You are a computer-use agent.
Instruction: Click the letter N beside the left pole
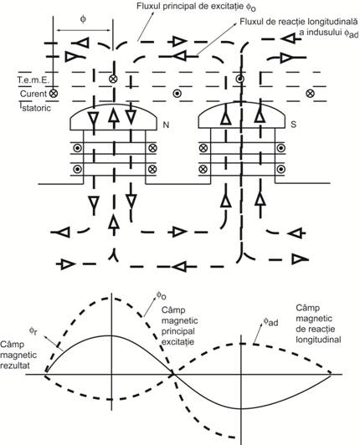(166, 125)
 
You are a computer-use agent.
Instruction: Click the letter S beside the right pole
(294, 125)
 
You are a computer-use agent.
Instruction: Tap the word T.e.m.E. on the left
(33, 80)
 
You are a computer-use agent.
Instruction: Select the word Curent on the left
(33, 94)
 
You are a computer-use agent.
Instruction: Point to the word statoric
(37, 108)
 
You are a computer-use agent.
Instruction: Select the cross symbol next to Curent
(53, 93)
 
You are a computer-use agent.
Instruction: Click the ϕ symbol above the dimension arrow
(83, 19)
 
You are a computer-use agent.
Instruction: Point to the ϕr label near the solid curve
(33, 331)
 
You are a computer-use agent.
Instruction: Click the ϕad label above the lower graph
(270, 321)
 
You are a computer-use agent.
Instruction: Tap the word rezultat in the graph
(15, 366)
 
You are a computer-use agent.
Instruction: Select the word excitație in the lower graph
(177, 341)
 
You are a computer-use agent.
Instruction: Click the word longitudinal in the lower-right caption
(318, 340)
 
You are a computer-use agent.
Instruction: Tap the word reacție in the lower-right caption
(322, 329)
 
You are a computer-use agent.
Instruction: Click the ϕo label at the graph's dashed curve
(161, 296)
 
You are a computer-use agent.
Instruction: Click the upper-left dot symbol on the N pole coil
(77, 148)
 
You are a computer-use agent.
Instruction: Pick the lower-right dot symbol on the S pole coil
(281, 169)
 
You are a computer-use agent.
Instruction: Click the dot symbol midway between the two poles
(177, 93)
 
